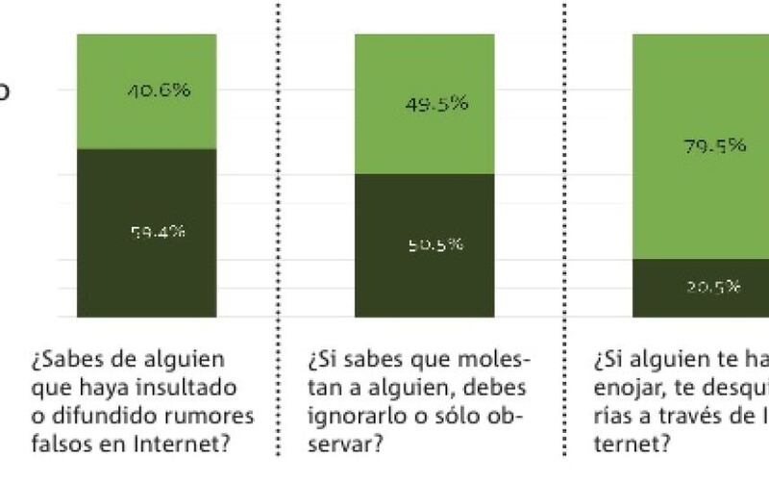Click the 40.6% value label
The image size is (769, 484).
[158, 91]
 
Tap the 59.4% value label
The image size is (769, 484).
[158, 232]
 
